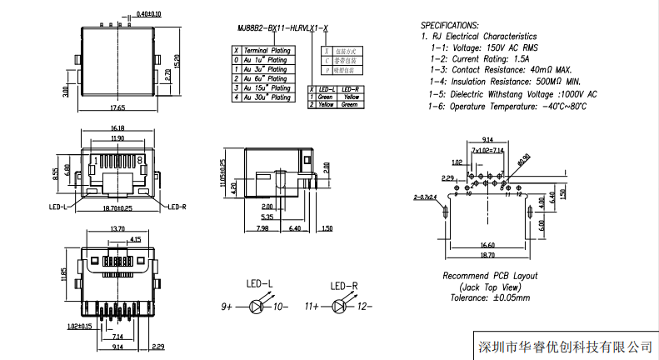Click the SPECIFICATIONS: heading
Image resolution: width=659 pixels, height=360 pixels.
(x=449, y=26)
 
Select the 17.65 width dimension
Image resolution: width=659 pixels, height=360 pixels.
(x=118, y=108)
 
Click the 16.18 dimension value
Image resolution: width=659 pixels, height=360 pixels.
(x=117, y=128)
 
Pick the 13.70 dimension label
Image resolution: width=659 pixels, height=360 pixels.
(x=117, y=228)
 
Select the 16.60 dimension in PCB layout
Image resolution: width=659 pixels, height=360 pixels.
(x=487, y=244)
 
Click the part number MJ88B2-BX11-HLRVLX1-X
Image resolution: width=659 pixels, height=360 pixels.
(x=277, y=27)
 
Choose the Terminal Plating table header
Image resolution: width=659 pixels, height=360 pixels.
(x=267, y=51)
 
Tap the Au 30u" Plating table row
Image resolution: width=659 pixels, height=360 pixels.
(x=267, y=97)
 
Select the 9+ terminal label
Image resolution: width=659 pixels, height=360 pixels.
(x=226, y=307)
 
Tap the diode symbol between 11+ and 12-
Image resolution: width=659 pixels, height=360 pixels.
(x=340, y=307)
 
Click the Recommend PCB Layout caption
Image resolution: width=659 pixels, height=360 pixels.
(x=489, y=275)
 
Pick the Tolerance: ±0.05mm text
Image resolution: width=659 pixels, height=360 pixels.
(x=489, y=297)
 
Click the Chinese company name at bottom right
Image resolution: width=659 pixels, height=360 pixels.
(x=563, y=346)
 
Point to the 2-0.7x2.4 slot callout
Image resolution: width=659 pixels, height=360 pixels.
(x=425, y=197)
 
